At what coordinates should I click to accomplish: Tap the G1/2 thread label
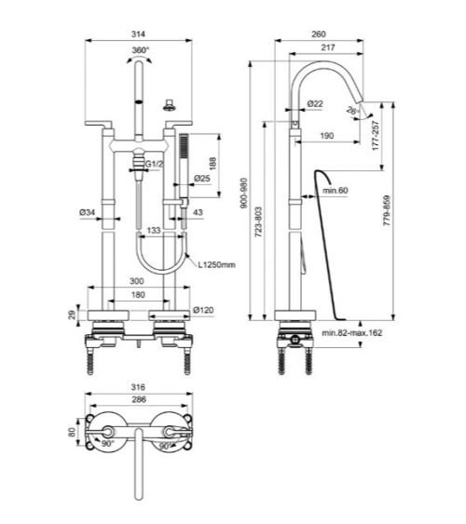click(x=154, y=164)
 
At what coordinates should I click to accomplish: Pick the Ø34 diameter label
click(x=89, y=213)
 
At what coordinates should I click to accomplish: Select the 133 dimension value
click(x=155, y=229)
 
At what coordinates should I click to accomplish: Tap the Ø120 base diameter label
click(x=204, y=310)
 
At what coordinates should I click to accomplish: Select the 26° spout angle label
click(x=352, y=111)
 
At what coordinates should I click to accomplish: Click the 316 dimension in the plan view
click(x=140, y=384)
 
